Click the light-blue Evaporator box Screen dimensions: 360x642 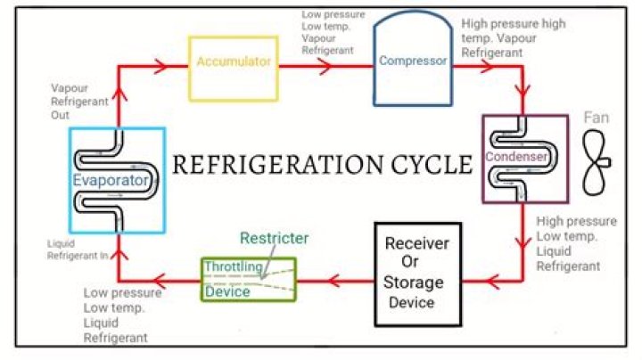point(117,180)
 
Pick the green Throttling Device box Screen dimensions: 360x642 point(246,278)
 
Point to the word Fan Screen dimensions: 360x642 point(596,118)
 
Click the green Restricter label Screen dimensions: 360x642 point(275,238)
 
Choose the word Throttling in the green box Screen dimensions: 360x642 point(234,266)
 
